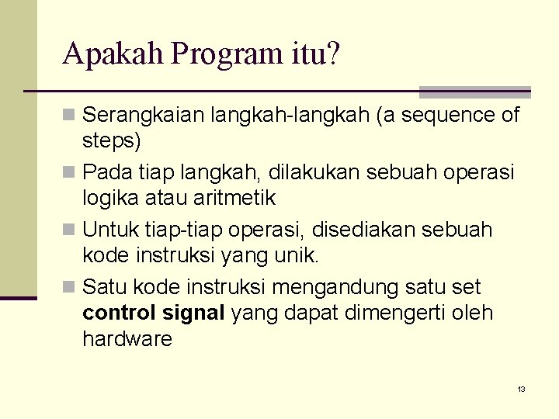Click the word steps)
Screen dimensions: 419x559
pos(112,142)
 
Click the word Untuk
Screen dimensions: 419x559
pos(109,230)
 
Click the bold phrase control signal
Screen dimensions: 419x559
pos(153,313)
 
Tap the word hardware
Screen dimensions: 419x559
pos(127,340)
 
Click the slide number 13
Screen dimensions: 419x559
pos(521,389)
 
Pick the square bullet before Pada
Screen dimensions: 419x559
pos(70,171)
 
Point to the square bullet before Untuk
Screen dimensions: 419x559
pos(70,230)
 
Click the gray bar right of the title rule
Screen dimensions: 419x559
pos(474,92)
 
